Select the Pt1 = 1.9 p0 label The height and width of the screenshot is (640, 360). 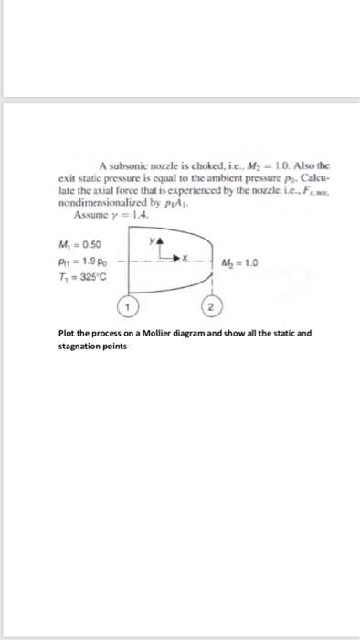coord(81,261)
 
